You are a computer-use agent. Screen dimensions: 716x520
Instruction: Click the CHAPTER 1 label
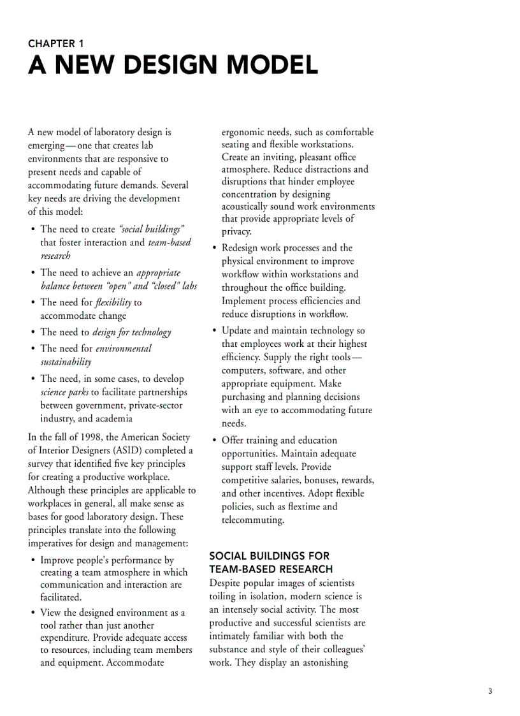(55, 44)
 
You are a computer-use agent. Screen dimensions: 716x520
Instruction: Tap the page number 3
(490, 691)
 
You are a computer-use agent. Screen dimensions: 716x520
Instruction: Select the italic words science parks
(64, 392)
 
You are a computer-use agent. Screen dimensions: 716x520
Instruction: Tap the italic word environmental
(124, 348)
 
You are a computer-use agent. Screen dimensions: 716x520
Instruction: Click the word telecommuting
(252, 520)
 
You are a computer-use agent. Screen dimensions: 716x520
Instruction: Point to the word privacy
(236, 231)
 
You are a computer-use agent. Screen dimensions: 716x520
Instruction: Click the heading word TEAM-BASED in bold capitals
(240, 569)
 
